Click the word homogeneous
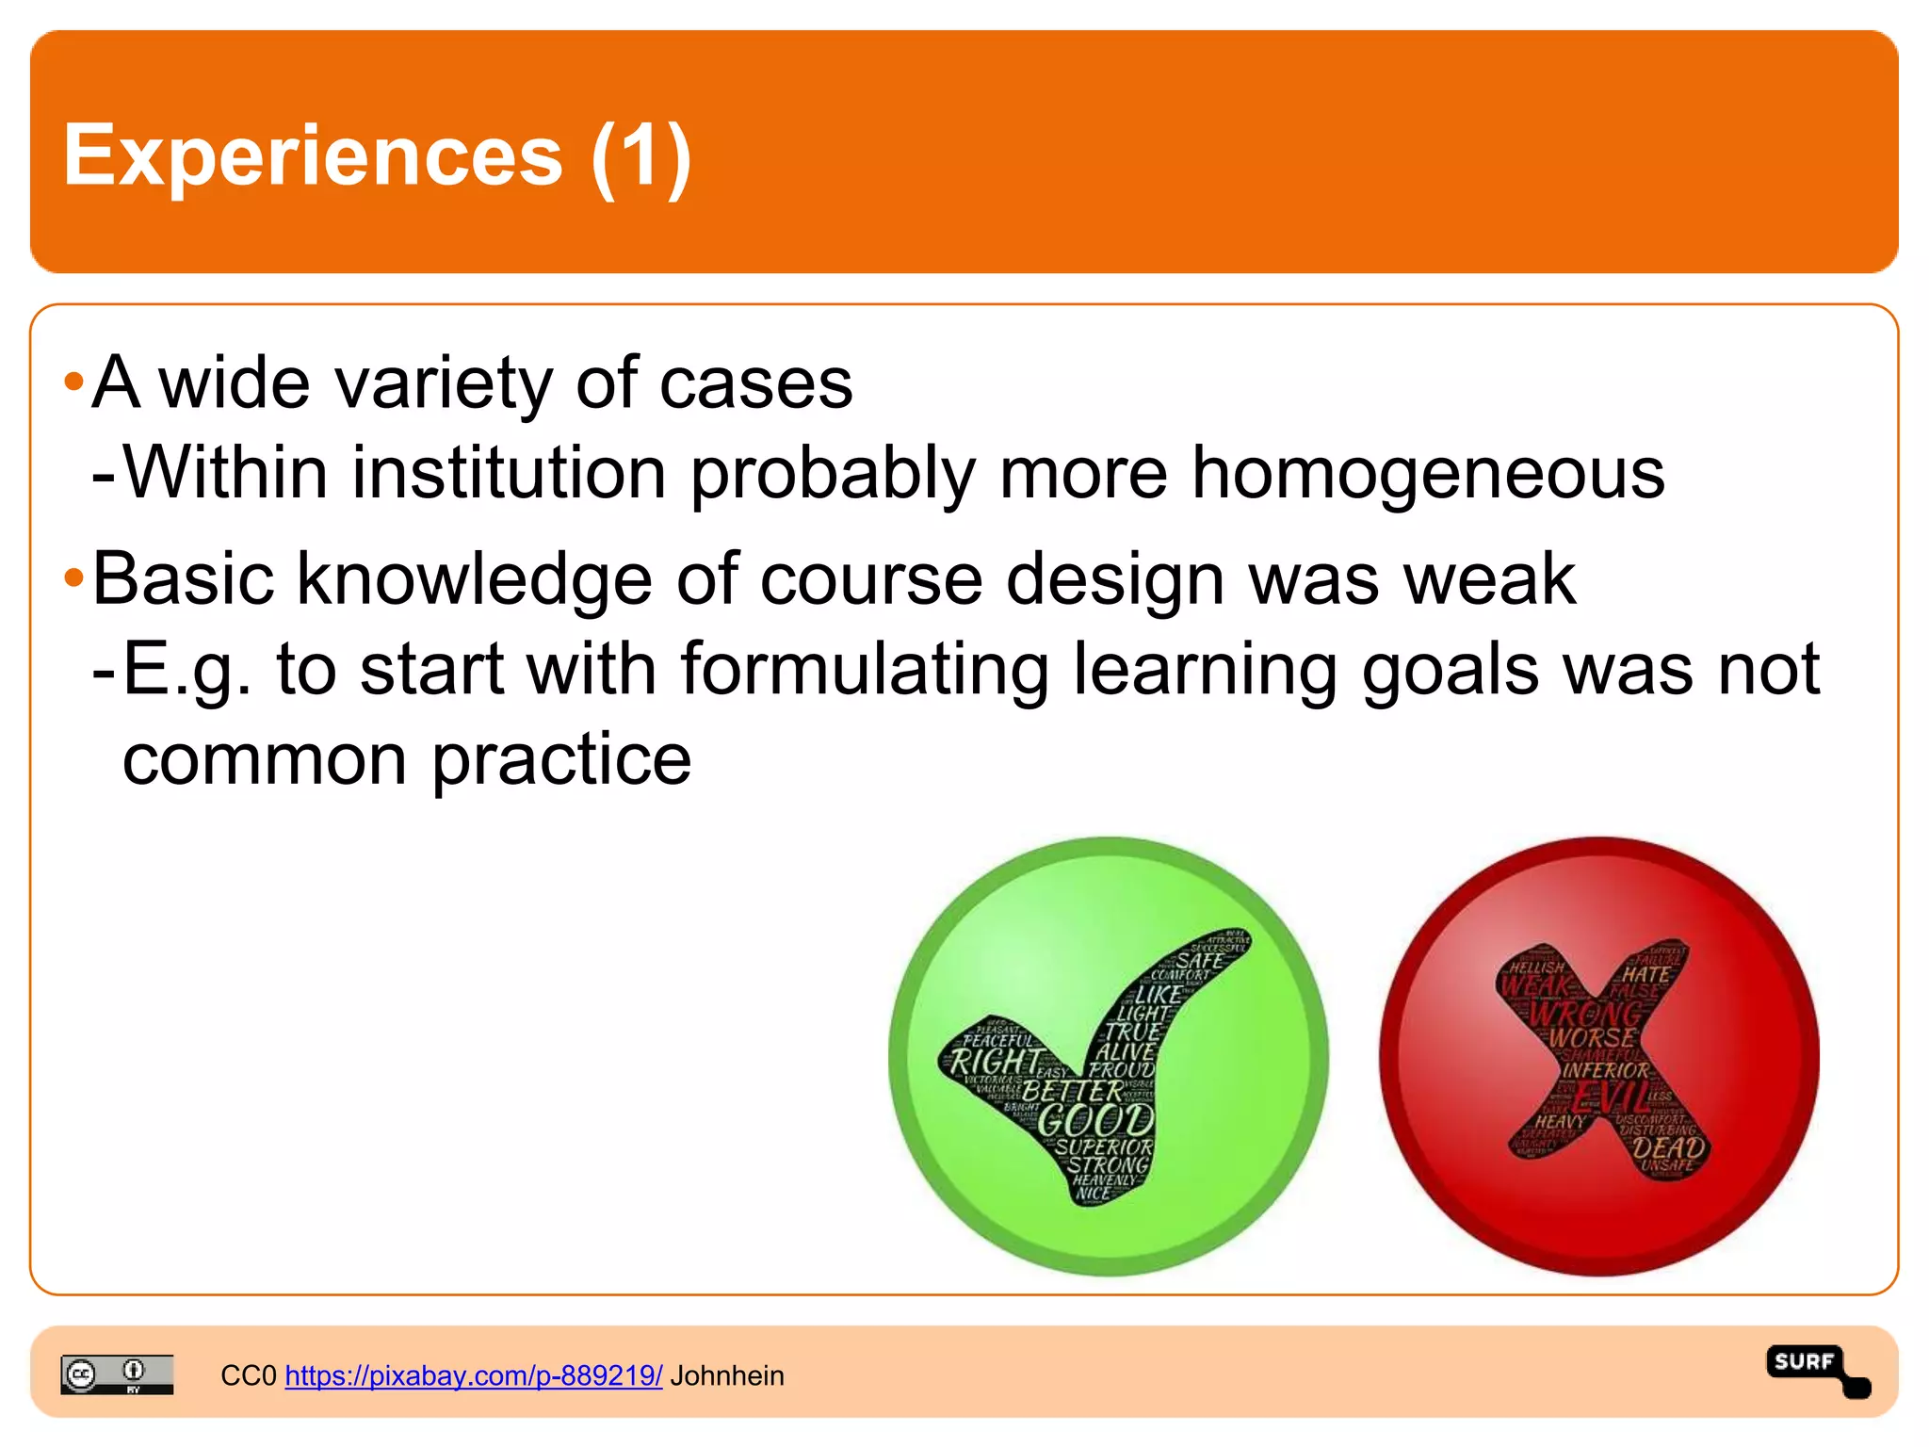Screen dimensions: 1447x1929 (1428, 472)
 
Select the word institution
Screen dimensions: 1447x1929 (509, 472)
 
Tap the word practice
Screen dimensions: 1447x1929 (561, 759)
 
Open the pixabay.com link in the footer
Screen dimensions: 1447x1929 (473, 1375)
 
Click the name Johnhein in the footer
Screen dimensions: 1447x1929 (727, 1375)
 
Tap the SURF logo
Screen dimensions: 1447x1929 (1816, 1370)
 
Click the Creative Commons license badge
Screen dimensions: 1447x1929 (117, 1374)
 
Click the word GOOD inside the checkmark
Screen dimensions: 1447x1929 (1096, 1121)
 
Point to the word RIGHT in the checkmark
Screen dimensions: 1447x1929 (994, 1062)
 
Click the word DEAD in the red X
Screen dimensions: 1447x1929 (1669, 1148)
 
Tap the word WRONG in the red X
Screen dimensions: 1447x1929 (1586, 1014)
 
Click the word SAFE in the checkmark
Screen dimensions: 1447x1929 (1199, 961)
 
